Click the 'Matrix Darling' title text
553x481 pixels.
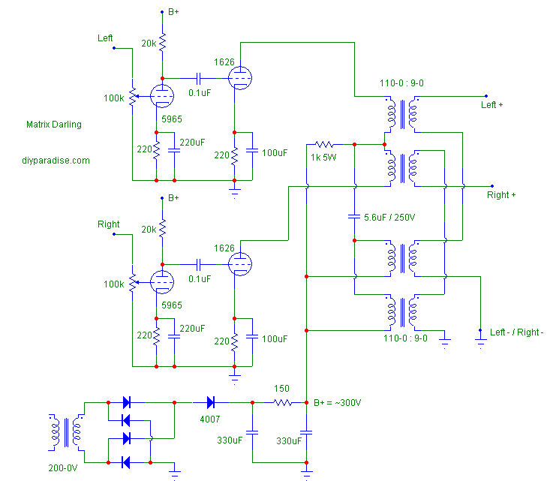(x=53, y=125)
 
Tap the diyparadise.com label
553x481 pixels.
(x=56, y=160)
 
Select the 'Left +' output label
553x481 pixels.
(x=492, y=105)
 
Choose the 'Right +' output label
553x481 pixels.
(x=502, y=195)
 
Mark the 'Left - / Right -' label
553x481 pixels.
(x=516, y=332)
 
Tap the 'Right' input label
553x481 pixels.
(x=109, y=224)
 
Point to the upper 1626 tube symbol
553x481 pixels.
(x=239, y=77)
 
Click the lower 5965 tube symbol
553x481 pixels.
(x=162, y=282)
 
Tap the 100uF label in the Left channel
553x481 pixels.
(x=274, y=152)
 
